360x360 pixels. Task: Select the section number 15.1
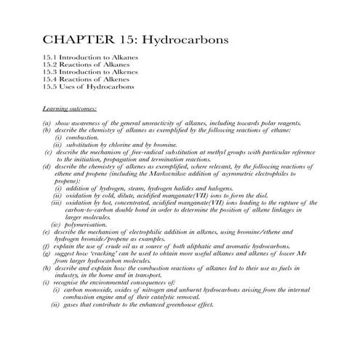click(x=50, y=57)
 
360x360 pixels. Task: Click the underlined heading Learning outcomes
click(x=70, y=108)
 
